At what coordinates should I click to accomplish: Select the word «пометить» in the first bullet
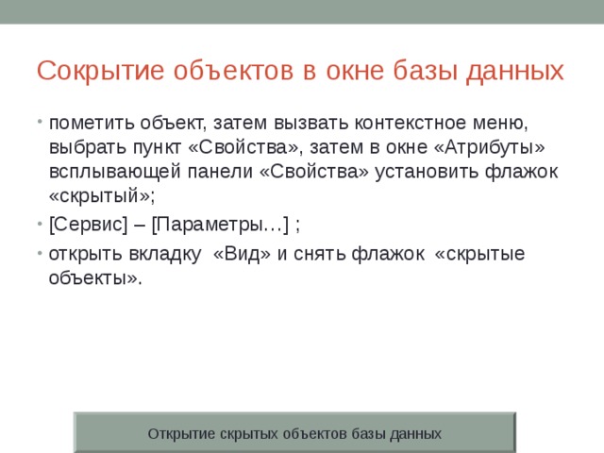pos(88,123)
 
